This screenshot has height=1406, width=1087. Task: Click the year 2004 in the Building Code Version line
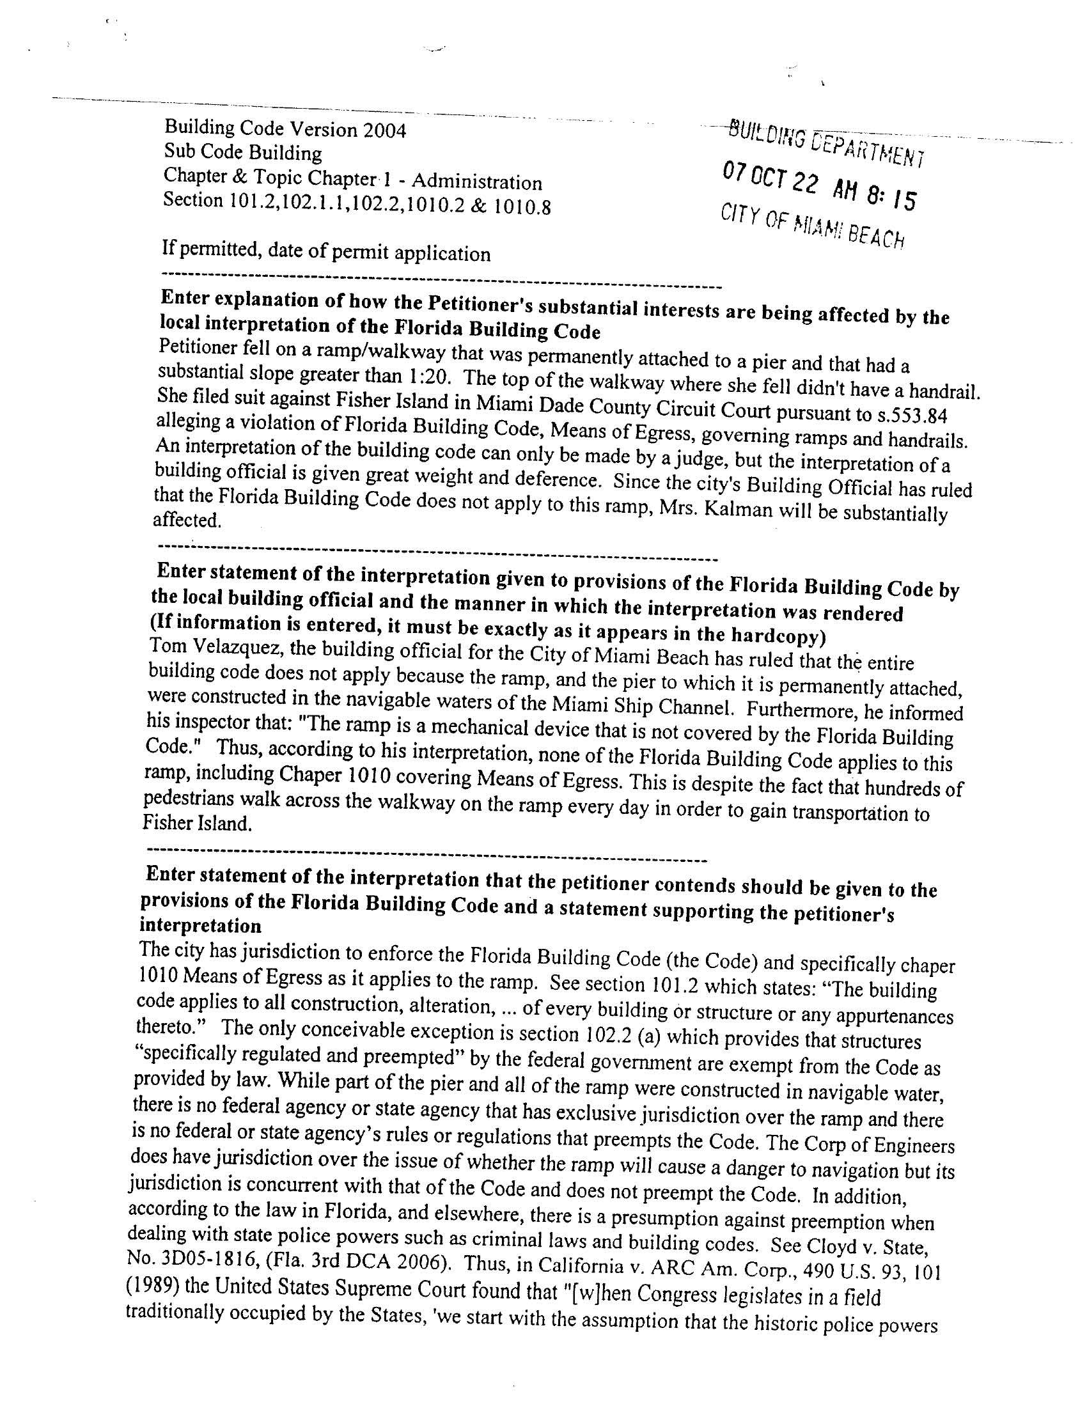pyautogui.click(x=384, y=130)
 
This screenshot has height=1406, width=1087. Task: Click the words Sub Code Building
pyautogui.click(x=242, y=153)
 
